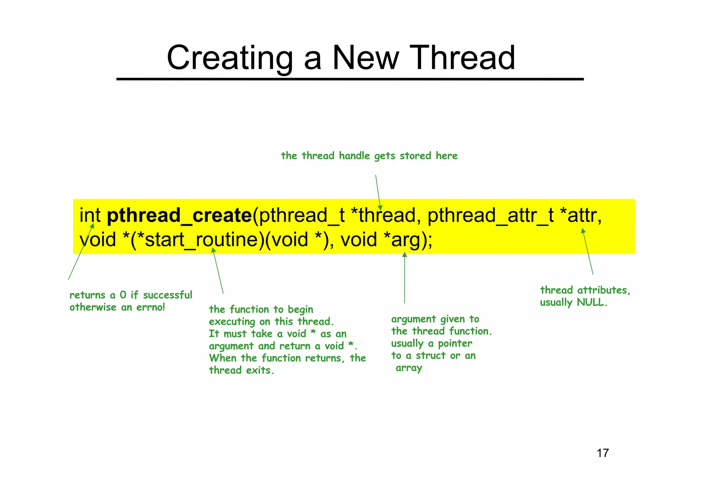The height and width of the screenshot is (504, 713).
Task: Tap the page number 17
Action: coord(603,453)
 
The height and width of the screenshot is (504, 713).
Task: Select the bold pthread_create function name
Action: coord(179,215)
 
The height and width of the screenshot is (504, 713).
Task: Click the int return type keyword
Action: coord(90,215)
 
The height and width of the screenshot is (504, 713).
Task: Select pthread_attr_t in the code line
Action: coord(490,215)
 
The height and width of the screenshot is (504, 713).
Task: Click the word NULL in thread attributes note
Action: coord(591,302)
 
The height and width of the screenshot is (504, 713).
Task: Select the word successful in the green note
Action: coord(167,295)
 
